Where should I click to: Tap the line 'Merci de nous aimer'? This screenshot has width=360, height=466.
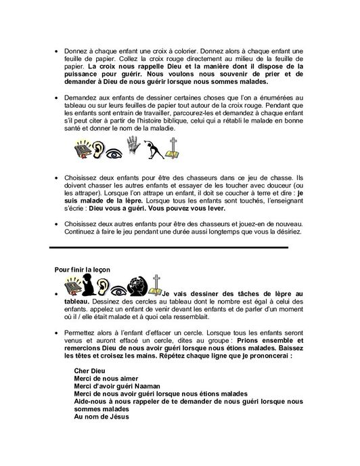tap(104, 377)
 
